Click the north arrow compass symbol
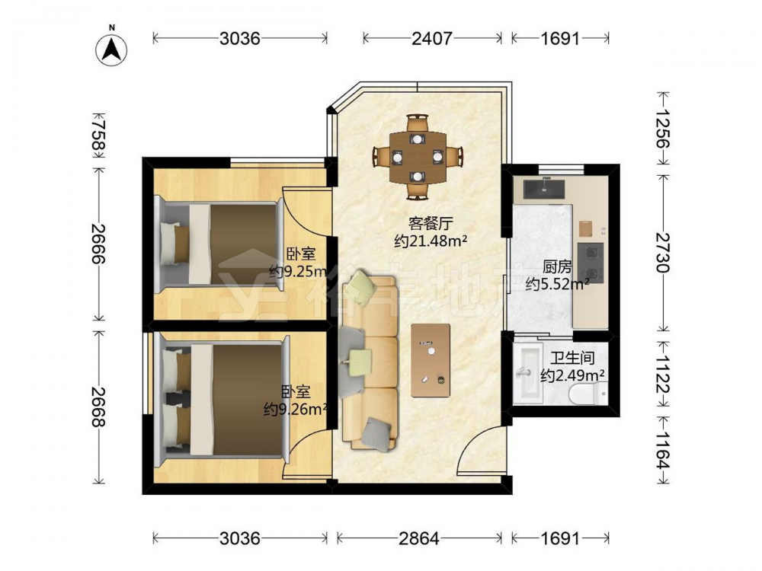(x=111, y=49)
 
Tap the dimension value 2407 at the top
(x=432, y=38)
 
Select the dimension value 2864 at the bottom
(x=419, y=538)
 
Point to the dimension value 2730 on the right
(x=662, y=253)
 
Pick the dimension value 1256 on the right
(x=662, y=128)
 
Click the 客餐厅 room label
(x=431, y=224)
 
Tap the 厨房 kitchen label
(x=557, y=267)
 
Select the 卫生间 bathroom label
(x=572, y=359)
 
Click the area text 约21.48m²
(x=431, y=241)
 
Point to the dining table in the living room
(x=418, y=156)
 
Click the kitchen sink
(x=544, y=189)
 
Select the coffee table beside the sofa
(x=431, y=360)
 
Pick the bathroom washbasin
(x=528, y=373)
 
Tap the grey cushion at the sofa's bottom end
(x=376, y=433)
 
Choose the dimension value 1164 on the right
(x=662, y=450)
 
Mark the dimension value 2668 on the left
(x=98, y=407)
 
